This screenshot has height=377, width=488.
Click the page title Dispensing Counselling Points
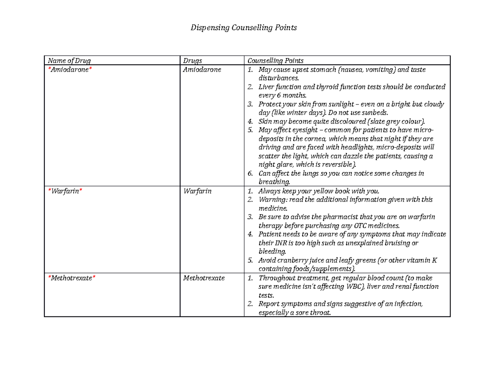244,28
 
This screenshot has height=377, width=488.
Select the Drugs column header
192,61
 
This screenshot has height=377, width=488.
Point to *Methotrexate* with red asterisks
72,278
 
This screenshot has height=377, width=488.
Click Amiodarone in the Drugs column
202,70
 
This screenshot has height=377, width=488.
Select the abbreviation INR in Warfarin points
280,243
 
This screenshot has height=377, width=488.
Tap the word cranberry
290,261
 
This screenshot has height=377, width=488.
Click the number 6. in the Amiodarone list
251,174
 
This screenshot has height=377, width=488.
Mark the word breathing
274,182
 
